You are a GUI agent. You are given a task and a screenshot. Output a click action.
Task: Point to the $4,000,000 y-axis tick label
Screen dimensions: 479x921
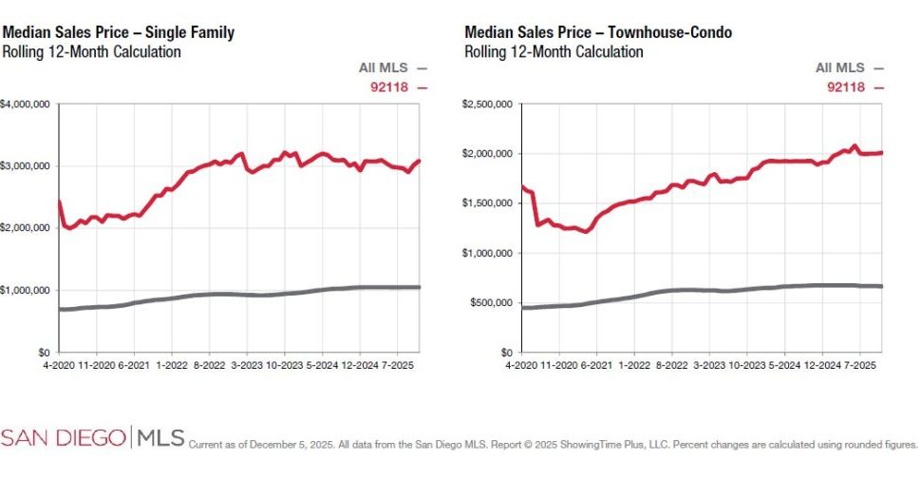click(x=26, y=104)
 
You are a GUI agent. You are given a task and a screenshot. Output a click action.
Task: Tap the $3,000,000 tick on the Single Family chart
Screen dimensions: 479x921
click(x=26, y=166)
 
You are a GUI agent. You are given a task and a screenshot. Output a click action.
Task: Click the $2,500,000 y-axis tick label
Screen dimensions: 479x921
click(x=488, y=104)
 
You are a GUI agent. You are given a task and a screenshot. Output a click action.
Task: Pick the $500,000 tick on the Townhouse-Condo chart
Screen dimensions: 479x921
click(x=492, y=303)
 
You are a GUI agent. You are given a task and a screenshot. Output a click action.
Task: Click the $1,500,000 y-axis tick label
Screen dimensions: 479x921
click(x=488, y=203)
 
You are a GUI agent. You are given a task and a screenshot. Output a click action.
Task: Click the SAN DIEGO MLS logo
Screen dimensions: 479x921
click(x=92, y=438)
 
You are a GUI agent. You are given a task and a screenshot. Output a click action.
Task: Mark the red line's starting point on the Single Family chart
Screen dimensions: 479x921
click(x=59, y=201)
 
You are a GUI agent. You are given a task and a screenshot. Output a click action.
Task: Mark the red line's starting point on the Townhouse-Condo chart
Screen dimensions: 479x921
click(x=521, y=186)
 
